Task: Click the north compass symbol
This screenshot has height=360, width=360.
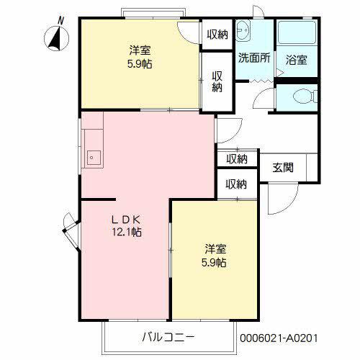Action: pyautogui.click(x=57, y=38)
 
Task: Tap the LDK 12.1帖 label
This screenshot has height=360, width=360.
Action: pyautogui.click(x=127, y=225)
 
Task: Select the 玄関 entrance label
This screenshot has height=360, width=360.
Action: pyautogui.click(x=283, y=167)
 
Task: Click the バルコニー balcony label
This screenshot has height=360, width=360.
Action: pyautogui.click(x=168, y=337)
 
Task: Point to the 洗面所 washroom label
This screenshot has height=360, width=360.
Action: pyautogui.click(x=254, y=58)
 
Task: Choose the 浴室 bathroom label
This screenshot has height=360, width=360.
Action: pyautogui.click(x=297, y=60)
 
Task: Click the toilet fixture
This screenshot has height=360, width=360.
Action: pyautogui.click(x=305, y=96)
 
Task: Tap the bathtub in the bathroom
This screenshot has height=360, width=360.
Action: pyautogui.click(x=297, y=32)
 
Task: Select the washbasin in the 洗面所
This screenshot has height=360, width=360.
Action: pyautogui.click(x=243, y=30)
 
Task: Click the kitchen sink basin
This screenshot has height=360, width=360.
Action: pyautogui.click(x=94, y=158)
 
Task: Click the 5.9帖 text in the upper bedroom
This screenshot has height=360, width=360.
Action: pyautogui.click(x=140, y=64)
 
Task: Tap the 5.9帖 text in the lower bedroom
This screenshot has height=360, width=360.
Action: pyautogui.click(x=214, y=262)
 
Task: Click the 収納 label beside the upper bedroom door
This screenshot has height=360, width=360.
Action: pyautogui.click(x=217, y=35)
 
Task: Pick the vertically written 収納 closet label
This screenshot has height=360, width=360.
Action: pyautogui.click(x=217, y=81)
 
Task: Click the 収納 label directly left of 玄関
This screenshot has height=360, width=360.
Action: pyautogui.click(x=237, y=159)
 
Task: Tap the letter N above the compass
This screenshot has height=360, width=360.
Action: pyautogui.click(x=61, y=21)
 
